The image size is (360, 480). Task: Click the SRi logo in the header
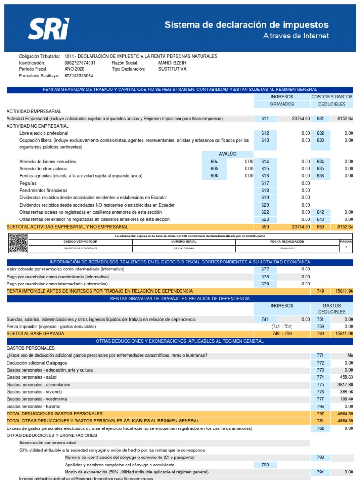pyautogui.click(x=49, y=29)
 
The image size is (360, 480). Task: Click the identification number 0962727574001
pyautogui.click(x=80, y=62)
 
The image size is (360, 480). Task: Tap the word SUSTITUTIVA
pyautogui.click(x=172, y=69)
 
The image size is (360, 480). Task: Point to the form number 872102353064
pyautogui.click(x=79, y=75)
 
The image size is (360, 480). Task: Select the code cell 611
pyautogui.click(x=265, y=119)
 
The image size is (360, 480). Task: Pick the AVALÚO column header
pyautogui.click(x=228, y=154)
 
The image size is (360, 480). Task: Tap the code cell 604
pyautogui.click(x=215, y=161)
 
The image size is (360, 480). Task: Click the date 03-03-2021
pyautogui.click(x=287, y=248)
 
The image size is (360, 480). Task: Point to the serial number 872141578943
pyautogui.click(x=184, y=248)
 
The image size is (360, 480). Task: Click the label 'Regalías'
pyautogui.click(x=28, y=183)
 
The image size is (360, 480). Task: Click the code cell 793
pyautogui.click(x=265, y=465)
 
